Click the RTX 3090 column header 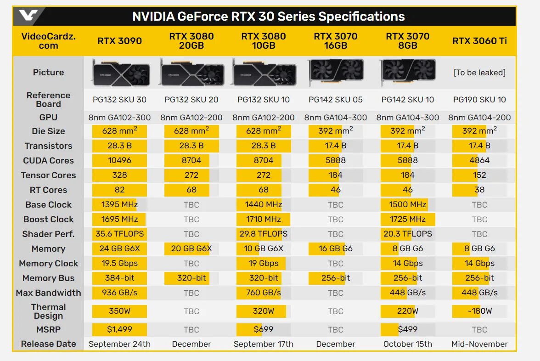click(x=119, y=40)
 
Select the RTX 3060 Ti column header click(x=479, y=40)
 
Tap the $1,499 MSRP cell click(x=119, y=329)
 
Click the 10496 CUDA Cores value click(x=119, y=160)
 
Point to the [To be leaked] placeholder click(x=479, y=72)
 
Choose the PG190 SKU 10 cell click(x=479, y=99)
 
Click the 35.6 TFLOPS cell click(x=119, y=234)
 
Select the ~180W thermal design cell click(x=479, y=311)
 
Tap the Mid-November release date click(x=479, y=344)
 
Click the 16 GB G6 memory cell click(x=336, y=248)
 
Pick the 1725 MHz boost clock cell click(x=408, y=219)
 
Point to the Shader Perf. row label click(x=48, y=234)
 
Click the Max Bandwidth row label click(x=48, y=293)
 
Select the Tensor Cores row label click(x=48, y=175)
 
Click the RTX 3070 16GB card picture click(x=336, y=72)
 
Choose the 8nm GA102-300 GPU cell click(x=119, y=118)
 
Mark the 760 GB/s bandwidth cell click(x=264, y=293)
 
